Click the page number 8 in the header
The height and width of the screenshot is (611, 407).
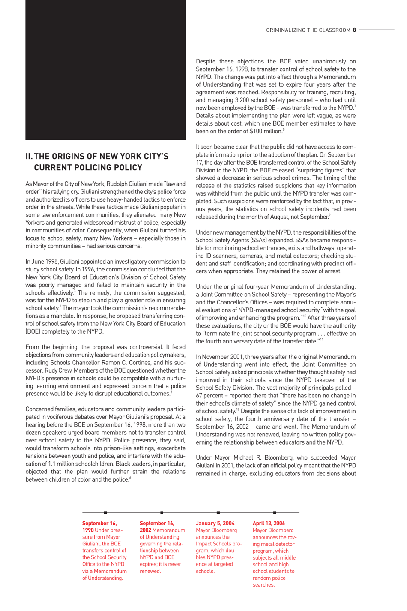(354, 30)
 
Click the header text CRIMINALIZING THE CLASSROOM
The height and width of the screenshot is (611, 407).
(308, 30)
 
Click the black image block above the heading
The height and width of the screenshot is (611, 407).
(105, 70)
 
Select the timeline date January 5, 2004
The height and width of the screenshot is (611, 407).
(215, 523)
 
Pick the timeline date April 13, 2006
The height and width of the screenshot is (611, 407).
(269, 523)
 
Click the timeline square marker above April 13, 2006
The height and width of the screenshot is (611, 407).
(275, 512)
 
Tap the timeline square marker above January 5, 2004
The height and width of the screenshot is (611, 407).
(218, 512)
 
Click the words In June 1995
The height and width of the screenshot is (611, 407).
(42, 262)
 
